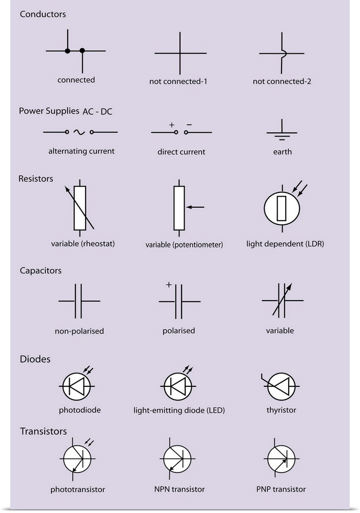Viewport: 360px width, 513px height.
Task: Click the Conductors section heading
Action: [x=43, y=14]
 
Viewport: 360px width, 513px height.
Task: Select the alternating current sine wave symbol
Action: [x=79, y=132]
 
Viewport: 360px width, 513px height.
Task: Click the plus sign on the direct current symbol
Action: [x=171, y=125]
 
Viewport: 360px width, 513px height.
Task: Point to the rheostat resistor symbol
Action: [x=79, y=208]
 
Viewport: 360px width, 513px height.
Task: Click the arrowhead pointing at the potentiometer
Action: [x=189, y=207]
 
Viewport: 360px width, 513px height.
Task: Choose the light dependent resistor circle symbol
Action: [x=281, y=208]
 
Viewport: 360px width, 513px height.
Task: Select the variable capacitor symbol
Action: [x=282, y=300]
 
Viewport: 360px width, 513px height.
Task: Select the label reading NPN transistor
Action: [x=179, y=489]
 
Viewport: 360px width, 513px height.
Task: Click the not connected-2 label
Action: [x=282, y=82]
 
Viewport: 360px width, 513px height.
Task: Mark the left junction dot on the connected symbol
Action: [x=68, y=51]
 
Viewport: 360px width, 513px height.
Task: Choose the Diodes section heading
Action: [x=35, y=359]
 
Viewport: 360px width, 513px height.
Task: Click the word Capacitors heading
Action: [x=41, y=270]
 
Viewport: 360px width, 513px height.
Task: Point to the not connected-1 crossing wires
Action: [x=180, y=53]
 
